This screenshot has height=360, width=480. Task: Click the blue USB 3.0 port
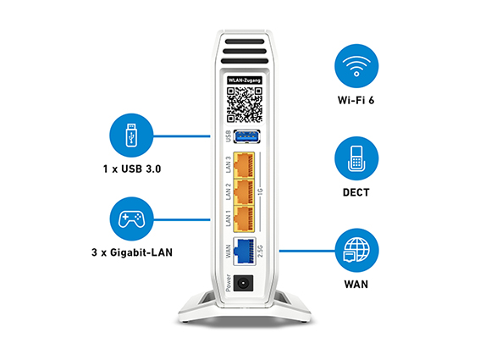[x=247, y=136]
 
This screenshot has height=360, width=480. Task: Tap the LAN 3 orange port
[x=244, y=165]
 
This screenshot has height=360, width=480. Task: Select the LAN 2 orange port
[x=244, y=191]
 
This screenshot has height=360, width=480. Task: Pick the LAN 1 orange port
[x=244, y=219]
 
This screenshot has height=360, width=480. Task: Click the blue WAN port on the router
[x=245, y=251]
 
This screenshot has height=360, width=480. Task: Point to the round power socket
[x=243, y=283]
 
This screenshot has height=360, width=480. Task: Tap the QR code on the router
[x=245, y=105]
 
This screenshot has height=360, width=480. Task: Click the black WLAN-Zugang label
[x=245, y=80]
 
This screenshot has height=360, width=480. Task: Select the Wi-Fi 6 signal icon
[x=356, y=66]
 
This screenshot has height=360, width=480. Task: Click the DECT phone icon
[x=356, y=158]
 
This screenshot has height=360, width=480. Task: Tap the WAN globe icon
[x=356, y=251]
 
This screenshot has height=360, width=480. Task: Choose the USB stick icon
[x=131, y=136]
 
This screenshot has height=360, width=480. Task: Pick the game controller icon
[x=131, y=219]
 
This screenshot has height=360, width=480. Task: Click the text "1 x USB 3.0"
[x=132, y=169]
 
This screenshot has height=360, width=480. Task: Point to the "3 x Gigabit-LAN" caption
[x=132, y=252]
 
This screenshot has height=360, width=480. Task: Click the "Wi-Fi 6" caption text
[x=356, y=100]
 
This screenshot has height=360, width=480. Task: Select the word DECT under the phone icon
[x=356, y=192]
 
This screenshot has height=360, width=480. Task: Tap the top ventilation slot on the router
[x=245, y=42]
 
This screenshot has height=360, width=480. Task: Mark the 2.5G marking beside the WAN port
[x=261, y=251]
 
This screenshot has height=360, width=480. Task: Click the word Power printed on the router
[x=229, y=283]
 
